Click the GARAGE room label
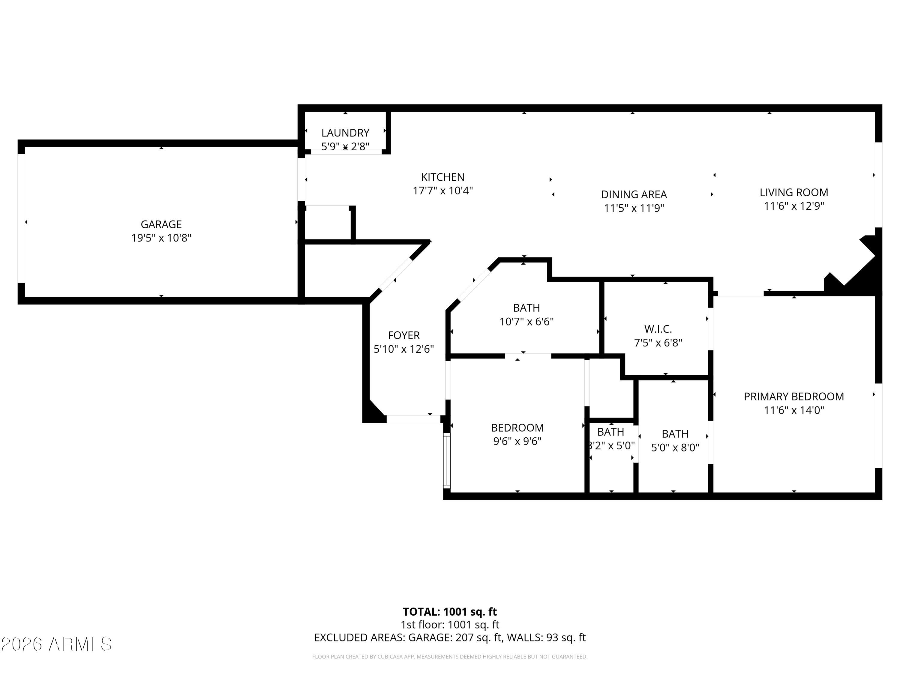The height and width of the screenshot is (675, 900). coord(161,224)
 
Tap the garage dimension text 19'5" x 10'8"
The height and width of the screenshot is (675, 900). coord(161,238)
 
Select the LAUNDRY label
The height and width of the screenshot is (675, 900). coord(345,133)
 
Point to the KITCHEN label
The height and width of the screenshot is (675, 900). coord(442,177)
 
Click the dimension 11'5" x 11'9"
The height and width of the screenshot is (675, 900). coord(634,208)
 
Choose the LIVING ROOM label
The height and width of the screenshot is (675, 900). coord(793,193)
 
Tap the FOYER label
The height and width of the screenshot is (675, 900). coord(403,335)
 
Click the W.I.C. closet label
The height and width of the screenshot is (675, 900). coord(658,329)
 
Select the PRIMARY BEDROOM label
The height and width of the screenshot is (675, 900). coord(793,396)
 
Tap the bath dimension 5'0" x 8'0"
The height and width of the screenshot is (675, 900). coord(675,448)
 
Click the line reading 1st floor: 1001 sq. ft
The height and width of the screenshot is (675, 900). coord(450,625)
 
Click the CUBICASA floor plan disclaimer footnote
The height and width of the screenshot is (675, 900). coord(450,657)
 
